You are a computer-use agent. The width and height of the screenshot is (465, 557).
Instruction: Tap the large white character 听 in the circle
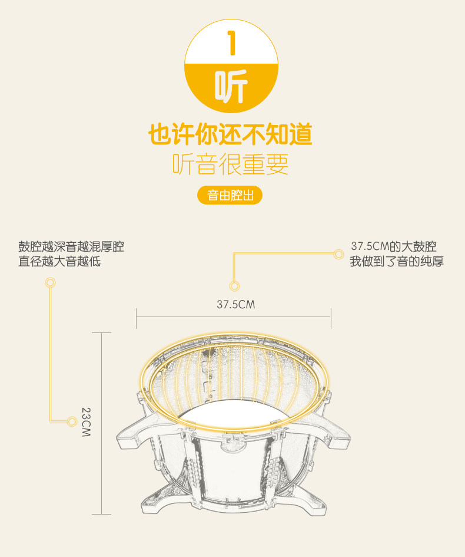(x=231, y=87)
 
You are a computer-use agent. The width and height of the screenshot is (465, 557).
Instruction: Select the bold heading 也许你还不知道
(x=230, y=134)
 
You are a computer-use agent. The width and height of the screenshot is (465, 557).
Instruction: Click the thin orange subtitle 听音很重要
(x=230, y=164)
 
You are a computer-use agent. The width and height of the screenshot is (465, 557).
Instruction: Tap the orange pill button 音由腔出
(x=230, y=196)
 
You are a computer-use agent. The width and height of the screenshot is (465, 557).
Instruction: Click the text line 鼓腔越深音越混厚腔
(x=71, y=246)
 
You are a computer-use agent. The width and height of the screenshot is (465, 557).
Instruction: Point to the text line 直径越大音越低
(x=59, y=261)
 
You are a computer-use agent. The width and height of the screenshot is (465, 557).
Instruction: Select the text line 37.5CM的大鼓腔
(x=394, y=246)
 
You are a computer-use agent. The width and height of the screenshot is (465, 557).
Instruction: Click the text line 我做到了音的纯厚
(x=396, y=261)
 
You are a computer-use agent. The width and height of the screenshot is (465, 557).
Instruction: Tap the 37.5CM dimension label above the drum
(x=235, y=305)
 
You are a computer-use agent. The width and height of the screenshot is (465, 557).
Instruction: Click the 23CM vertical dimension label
(x=86, y=422)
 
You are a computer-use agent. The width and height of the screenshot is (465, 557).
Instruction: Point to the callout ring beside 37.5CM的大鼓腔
(x=338, y=254)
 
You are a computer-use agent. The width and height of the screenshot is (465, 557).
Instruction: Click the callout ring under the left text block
(x=51, y=283)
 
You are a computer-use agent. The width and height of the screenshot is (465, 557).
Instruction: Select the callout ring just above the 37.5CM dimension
(x=234, y=286)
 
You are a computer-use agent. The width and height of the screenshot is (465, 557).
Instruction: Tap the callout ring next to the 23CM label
(x=72, y=421)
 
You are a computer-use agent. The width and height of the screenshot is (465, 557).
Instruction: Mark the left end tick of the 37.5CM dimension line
(x=137, y=318)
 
